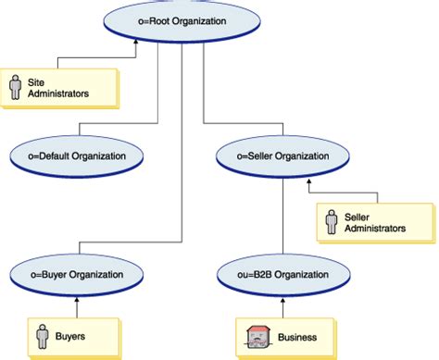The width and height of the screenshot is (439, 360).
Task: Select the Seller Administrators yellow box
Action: click(368, 222)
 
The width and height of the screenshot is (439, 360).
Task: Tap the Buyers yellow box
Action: click(72, 337)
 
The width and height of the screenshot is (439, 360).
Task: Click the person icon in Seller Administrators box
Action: click(331, 222)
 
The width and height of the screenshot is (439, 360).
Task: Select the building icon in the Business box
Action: click(253, 337)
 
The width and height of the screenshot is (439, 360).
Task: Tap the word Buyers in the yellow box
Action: click(80, 337)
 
